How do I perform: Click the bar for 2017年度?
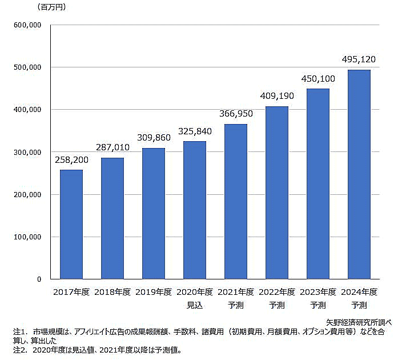[x=71, y=224]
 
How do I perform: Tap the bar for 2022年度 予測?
[x=276, y=193]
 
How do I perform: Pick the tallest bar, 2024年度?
[x=359, y=174]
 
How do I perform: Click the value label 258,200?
[x=71, y=160]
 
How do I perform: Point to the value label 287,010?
[x=112, y=147]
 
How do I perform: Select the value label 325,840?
[x=194, y=131]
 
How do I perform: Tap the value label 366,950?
[x=235, y=114]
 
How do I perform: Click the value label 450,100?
[x=317, y=79]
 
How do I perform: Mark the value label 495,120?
[x=359, y=59]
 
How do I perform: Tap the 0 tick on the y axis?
[x=39, y=279]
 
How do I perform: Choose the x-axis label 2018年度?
[x=112, y=292]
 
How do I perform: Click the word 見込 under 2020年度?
[x=195, y=305]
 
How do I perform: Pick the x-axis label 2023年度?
[x=318, y=292]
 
